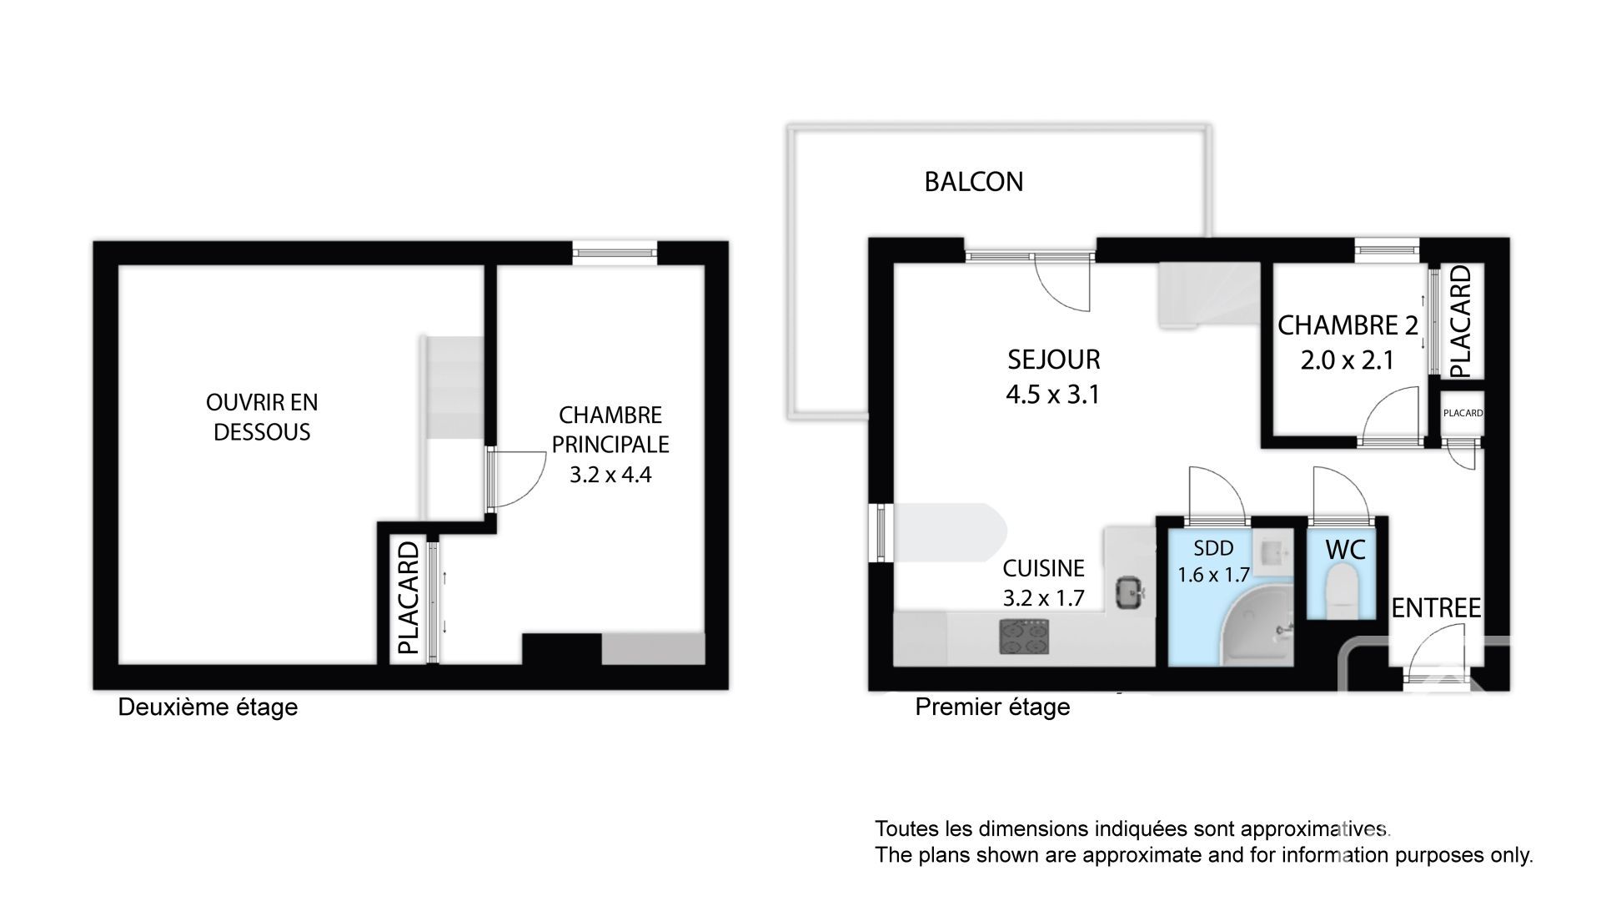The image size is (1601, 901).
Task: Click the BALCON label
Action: click(973, 182)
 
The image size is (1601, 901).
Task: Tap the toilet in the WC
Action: click(1343, 589)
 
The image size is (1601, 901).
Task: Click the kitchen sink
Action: click(1130, 593)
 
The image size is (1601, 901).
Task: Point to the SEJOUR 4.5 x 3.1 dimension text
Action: click(1053, 394)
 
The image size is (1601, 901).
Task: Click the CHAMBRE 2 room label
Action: click(1348, 325)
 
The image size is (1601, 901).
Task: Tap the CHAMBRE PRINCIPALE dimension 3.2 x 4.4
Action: click(610, 475)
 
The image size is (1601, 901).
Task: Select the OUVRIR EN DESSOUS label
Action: click(262, 417)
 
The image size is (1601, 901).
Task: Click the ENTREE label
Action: click(1436, 608)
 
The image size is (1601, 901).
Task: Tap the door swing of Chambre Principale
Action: click(517, 479)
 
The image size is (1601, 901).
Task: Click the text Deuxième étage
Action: click(208, 707)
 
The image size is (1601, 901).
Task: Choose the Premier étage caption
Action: click(992, 707)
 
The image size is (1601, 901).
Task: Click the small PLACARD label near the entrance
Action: click(1463, 413)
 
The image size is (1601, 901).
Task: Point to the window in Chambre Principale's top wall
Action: click(615, 251)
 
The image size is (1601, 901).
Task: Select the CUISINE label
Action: click(1043, 568)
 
